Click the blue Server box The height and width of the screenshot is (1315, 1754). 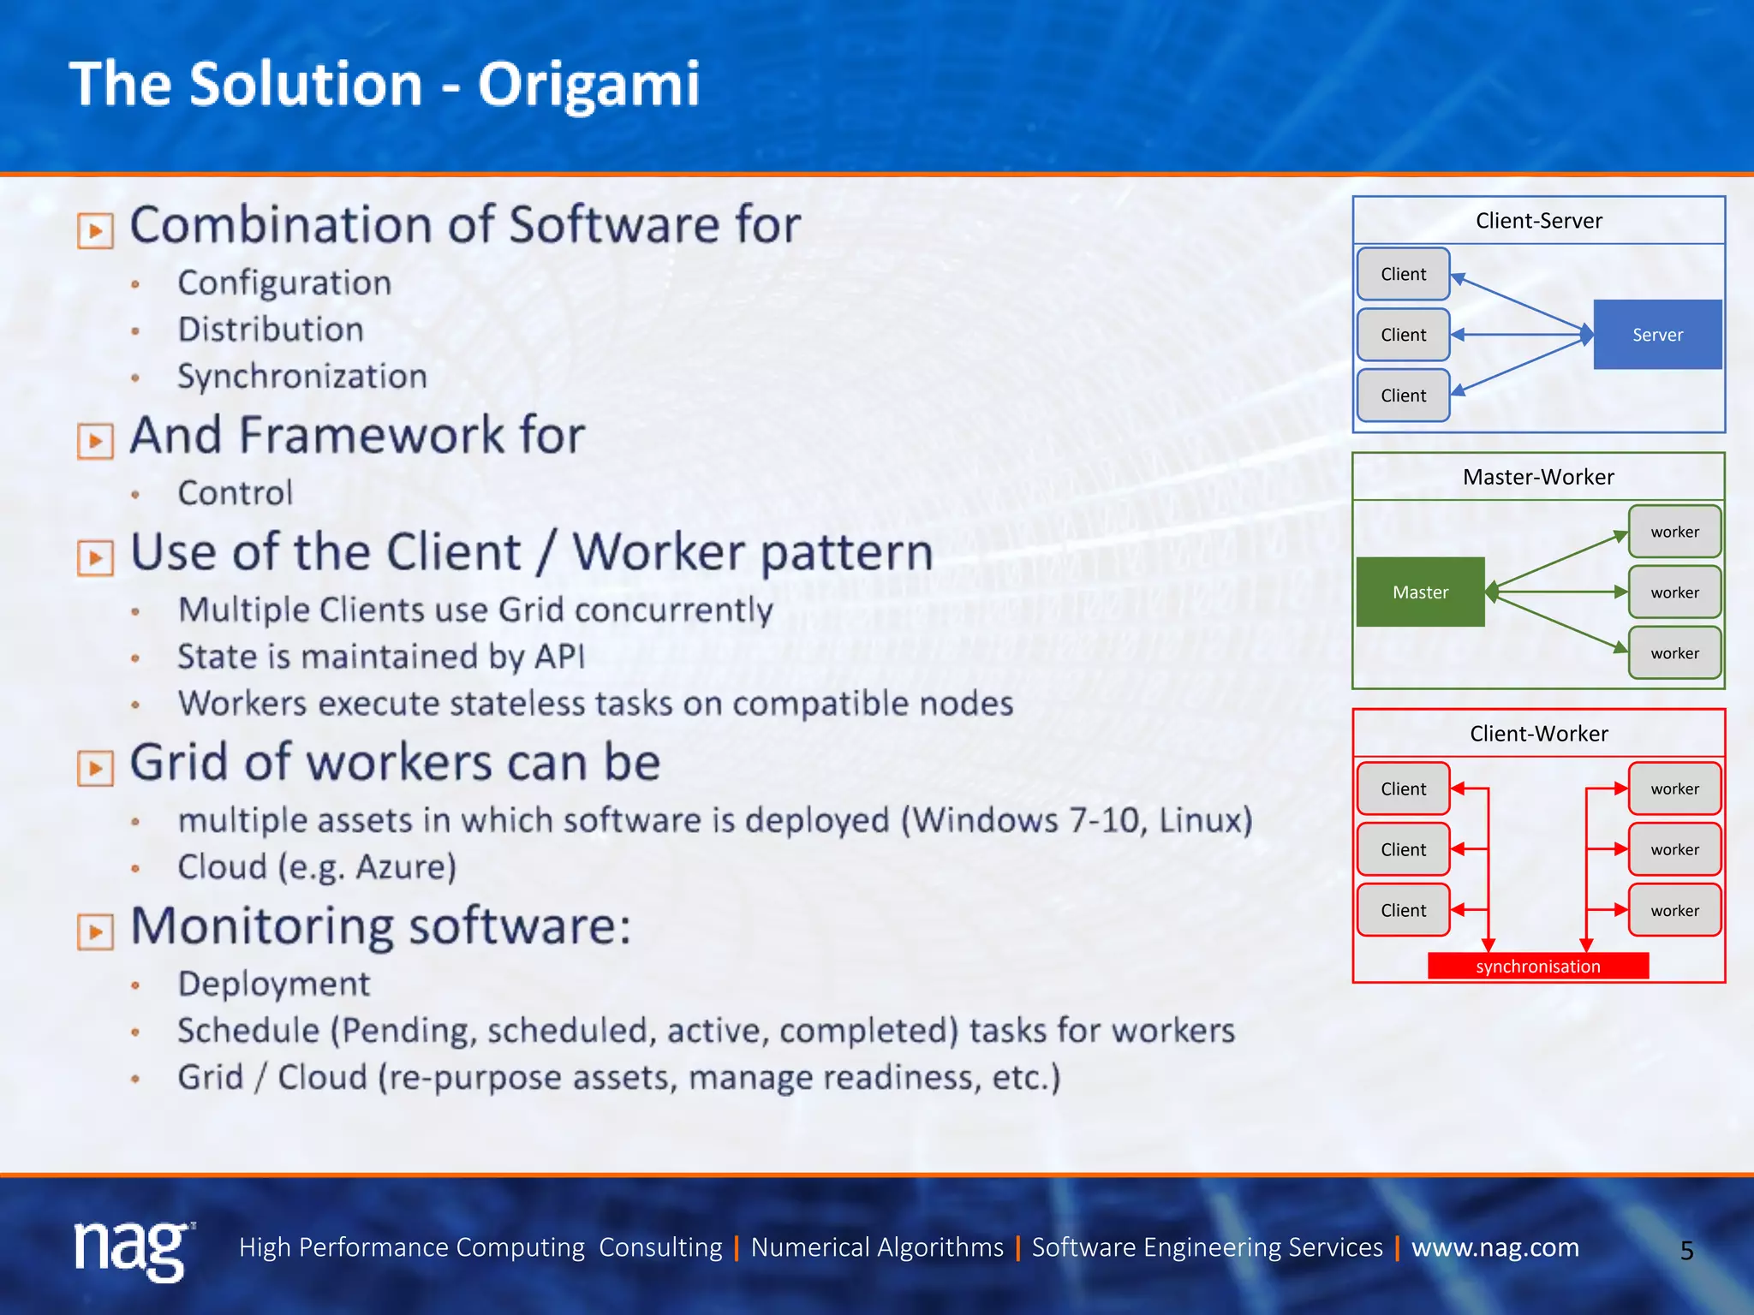1657,335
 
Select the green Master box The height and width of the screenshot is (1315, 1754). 1420,592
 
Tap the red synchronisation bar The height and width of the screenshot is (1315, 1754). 1538,967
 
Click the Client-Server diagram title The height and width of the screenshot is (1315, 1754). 1538,221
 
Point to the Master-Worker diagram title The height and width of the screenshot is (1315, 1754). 1538,477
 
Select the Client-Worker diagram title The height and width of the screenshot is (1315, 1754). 1538,734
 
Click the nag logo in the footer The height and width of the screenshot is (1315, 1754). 133,1249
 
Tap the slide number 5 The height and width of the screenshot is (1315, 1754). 1686,1251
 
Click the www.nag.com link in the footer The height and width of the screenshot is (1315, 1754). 1494,1247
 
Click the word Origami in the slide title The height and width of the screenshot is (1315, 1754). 588,85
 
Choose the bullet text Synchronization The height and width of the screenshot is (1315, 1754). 301,377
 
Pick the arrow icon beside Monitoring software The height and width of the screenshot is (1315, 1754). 95,931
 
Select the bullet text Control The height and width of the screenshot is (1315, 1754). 235,493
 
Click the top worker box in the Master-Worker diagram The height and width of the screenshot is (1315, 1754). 1674,532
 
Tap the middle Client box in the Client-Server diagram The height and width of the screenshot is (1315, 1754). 1403,335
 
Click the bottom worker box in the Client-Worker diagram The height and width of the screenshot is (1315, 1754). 1674,910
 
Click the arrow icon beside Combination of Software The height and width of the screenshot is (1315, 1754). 95,230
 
